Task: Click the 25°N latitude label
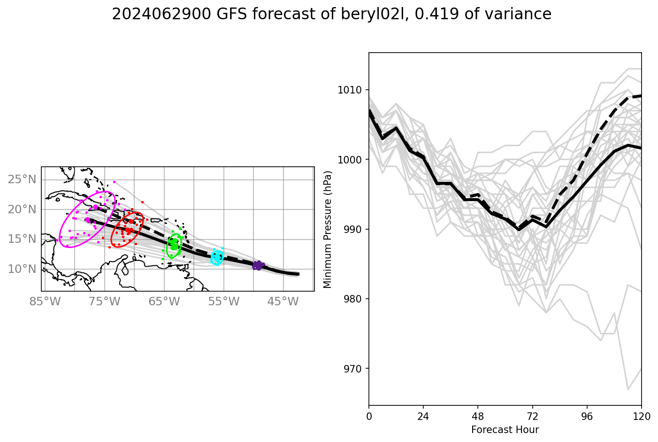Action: (x=22, y=179)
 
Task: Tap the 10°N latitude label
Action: (x=22, y=269)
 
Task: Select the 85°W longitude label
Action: (x=52, y=301)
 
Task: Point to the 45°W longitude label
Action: (x=283, y=301)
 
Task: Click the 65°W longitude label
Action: (x=164, y=301)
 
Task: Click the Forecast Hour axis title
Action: (x=505, y=430)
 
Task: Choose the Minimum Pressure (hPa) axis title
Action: (x=328, y=229)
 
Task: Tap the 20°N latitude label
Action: (x=22, y=209)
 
